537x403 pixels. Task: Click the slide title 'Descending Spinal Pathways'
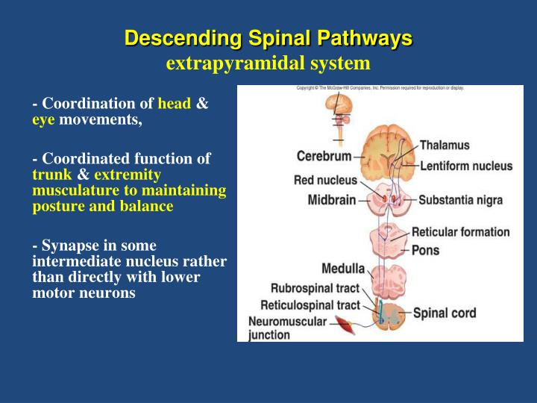tap(268, 37)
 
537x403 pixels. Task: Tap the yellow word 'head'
tap(175, 104)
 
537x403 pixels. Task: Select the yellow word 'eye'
tap(44, 119)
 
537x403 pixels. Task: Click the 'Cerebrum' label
tap(324, 157)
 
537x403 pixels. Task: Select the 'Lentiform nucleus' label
tap(466, 166)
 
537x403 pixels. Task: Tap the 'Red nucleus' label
tap(325, 180)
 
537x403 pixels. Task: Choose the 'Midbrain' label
tap(332, 200)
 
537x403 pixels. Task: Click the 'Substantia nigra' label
tap(460, 200)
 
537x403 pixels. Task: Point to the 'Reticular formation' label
tap(460, 232)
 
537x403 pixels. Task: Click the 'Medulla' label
tap(342, 269)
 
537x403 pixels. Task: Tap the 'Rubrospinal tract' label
tap(315, 288)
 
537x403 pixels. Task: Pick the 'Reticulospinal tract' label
tap(310, 305)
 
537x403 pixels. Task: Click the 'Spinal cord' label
tap(445, 313)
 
